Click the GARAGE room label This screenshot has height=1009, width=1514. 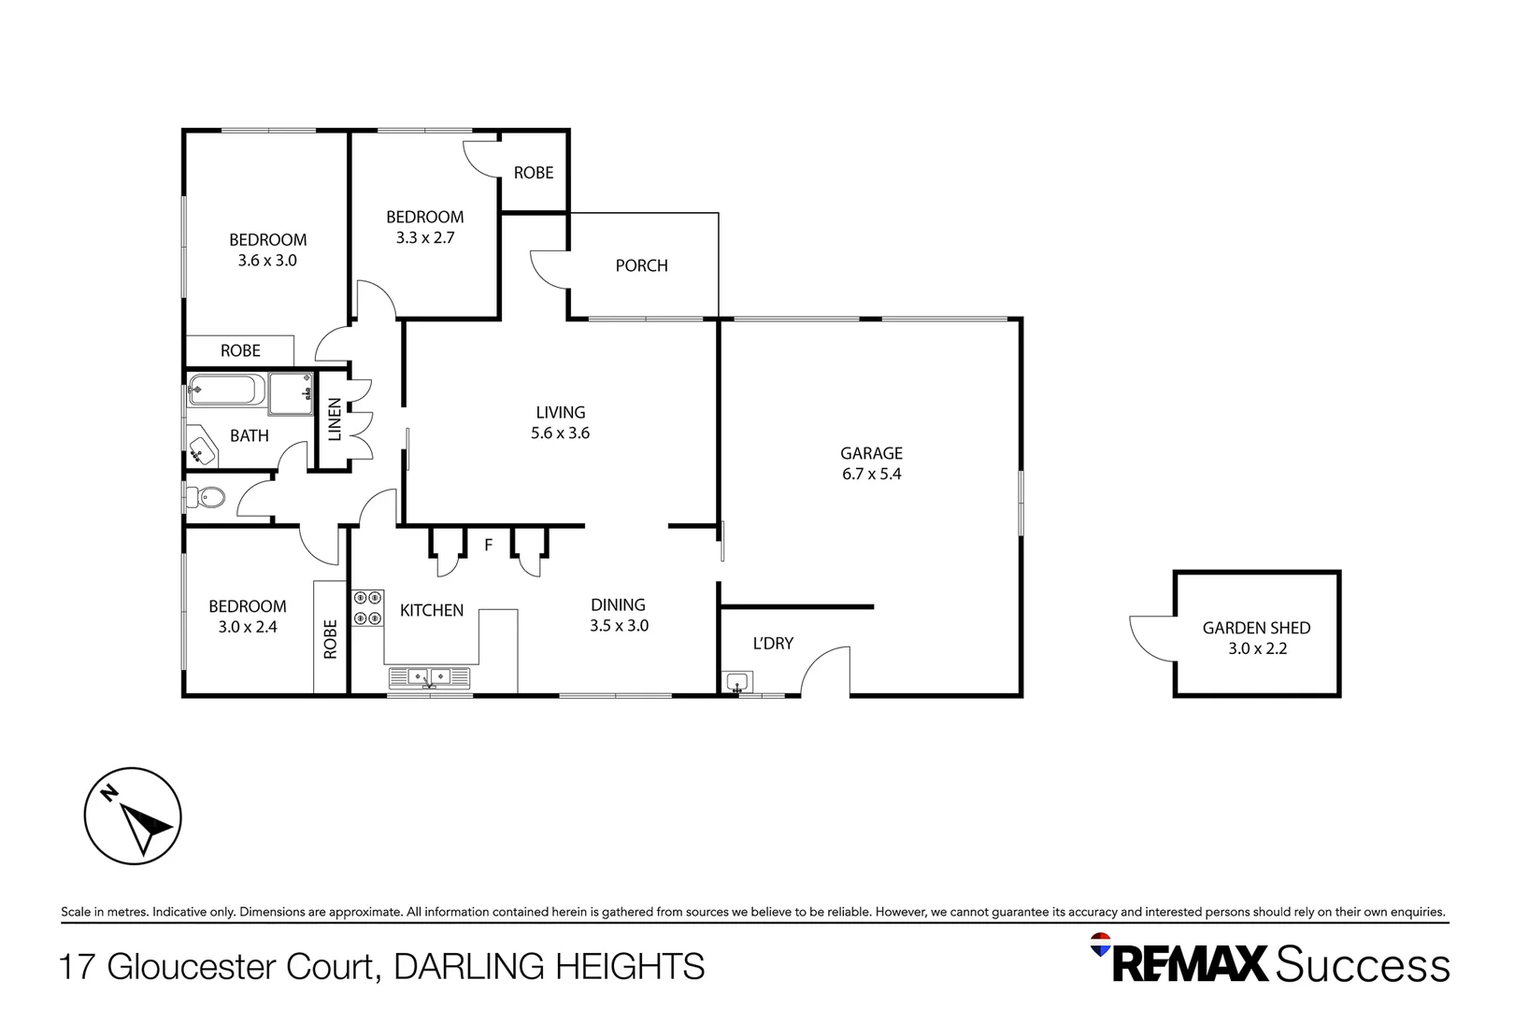coord(871,453)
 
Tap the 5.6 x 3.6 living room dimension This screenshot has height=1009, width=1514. coord(560,433)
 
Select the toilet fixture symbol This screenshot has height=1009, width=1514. coord(207,498)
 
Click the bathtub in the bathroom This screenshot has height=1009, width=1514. coord(226,390)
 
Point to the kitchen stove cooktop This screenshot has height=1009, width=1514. coord(367,607)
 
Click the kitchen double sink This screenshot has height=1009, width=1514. coord(429,676)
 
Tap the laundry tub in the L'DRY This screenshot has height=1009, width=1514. coord(738,682)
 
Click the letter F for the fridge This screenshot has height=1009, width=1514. coord(488,545)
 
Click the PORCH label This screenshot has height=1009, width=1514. coord(641,266)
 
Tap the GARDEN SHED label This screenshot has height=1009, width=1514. coord(1256,628)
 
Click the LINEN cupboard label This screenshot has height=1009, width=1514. coord(335,419)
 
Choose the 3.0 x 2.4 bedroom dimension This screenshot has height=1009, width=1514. coord(248,628)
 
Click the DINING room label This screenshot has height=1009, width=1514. coord(618,605)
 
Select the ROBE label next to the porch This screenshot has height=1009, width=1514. coord(534,173)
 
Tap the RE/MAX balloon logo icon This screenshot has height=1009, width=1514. coord(1101,944)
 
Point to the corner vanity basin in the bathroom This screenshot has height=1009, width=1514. coord(200,449)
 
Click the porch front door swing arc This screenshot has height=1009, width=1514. coord(548,269)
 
